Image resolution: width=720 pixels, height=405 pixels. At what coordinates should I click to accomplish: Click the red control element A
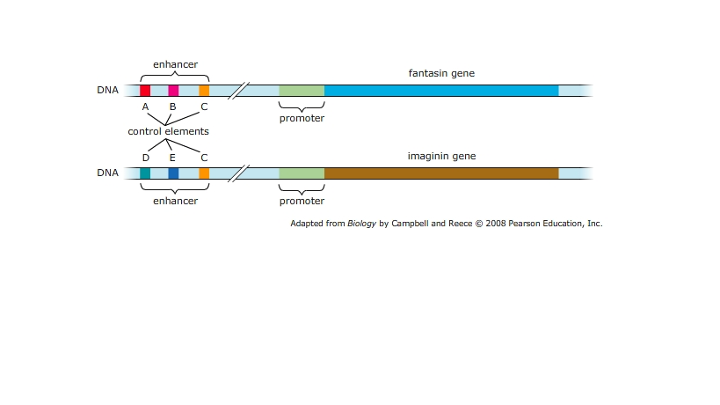tap(145, 90)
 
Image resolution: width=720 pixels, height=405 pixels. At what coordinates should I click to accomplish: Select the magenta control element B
tap(173, 90)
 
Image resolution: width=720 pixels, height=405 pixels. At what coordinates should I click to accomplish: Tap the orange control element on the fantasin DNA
tap(204, 90)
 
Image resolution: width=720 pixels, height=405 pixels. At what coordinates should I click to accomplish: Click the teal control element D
tap(145, 173)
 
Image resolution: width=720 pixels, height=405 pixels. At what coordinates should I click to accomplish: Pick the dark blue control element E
tap(173, 173)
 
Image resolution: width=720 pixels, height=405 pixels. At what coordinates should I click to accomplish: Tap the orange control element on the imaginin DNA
tap(204, 173)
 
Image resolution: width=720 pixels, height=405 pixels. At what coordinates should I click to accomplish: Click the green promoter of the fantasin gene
tap(302, 90)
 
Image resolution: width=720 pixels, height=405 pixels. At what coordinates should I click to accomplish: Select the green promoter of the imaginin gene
tap(302, 173)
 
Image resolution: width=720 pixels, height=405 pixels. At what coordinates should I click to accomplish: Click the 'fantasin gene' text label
tap(441, 73)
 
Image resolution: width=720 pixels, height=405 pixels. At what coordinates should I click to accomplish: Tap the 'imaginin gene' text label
tap(441, 156)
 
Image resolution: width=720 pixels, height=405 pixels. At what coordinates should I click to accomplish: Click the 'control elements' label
tap(168, 131)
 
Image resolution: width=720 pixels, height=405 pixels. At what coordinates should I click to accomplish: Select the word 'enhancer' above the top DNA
tap(175, 64)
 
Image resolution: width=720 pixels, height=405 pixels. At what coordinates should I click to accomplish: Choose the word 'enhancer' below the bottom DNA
tap(175, 201)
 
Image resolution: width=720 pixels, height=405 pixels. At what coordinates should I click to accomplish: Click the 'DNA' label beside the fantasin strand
tap(107, 90)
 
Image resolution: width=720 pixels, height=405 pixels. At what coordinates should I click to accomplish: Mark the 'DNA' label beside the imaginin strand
tap(107, 173)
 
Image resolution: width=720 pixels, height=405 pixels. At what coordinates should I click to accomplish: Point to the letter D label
tap(145, 157)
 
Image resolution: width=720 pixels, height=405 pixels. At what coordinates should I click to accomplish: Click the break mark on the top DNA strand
tap(236, 90)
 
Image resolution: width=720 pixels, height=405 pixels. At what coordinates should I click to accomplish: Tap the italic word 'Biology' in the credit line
tap(361, 224)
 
